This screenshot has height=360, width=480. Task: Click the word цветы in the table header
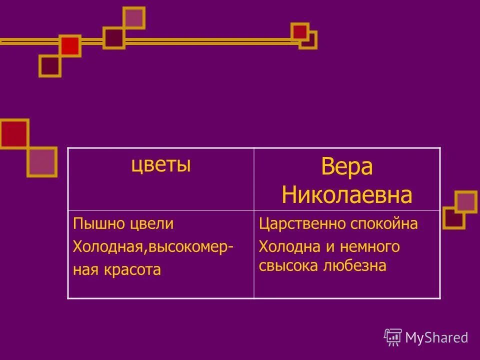point(161,165)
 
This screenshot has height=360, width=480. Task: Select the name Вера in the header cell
point(346,167)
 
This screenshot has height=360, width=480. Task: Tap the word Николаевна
point(346,195)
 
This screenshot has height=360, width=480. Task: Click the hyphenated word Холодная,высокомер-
point(152,246)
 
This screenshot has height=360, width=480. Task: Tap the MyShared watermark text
point(436,337)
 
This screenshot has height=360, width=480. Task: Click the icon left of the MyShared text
point(393,337)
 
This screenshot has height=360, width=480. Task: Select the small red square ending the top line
point(299,32)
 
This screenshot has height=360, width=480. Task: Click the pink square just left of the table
point(42,161)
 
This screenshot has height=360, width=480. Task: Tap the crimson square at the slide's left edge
point(13,133)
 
